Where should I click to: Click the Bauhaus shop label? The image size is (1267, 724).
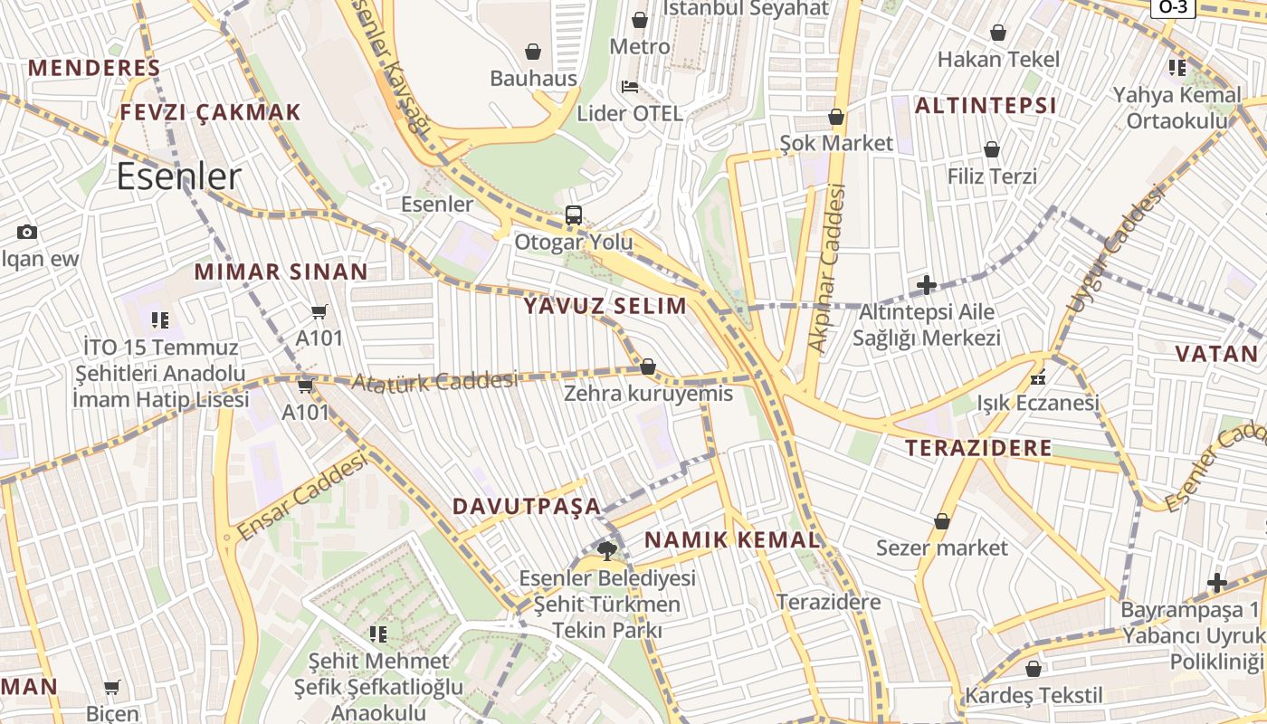tap(533, 79)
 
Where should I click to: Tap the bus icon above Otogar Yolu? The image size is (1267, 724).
tap(574, 215)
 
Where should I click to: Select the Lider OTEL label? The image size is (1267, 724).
tap(630, 113)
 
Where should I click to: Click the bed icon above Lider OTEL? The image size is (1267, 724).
tap(630, 87)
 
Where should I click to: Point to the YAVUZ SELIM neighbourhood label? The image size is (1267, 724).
tap(605, 306)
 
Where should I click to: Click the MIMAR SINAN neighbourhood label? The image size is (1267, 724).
tap(281, 271)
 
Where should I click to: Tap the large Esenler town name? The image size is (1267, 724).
tap(179, 176)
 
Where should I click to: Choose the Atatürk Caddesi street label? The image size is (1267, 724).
tap(433, 382)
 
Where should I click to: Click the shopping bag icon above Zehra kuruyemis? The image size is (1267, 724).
tap(648, 367)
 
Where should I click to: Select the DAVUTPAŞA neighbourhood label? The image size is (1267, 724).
tap(527, 506)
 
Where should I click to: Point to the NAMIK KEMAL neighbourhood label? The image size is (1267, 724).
tap(732, 540)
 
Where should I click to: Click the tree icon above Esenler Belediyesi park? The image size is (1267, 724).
tap(606, 550)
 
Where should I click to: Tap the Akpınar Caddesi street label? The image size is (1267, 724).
tap(827, 268)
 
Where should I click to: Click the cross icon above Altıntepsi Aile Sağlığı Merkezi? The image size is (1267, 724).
tap(927, 286)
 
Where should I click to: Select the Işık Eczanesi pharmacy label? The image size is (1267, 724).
tap(1038, 403)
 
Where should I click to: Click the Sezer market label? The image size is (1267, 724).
tap(941, 548)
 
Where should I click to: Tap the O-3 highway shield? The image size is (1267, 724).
tap(1174, 7)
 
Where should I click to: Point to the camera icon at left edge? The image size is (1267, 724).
tap(27, 232)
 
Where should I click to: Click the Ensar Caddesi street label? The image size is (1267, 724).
tap(302, 497)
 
